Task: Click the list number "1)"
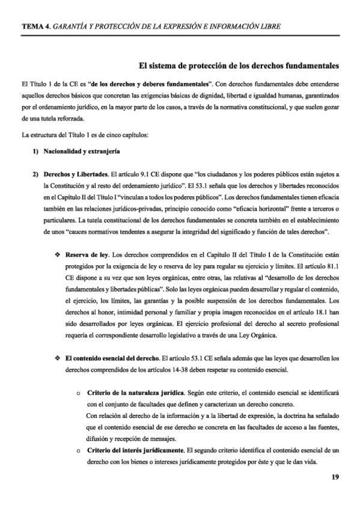(36, 152)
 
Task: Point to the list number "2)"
(36, 173)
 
